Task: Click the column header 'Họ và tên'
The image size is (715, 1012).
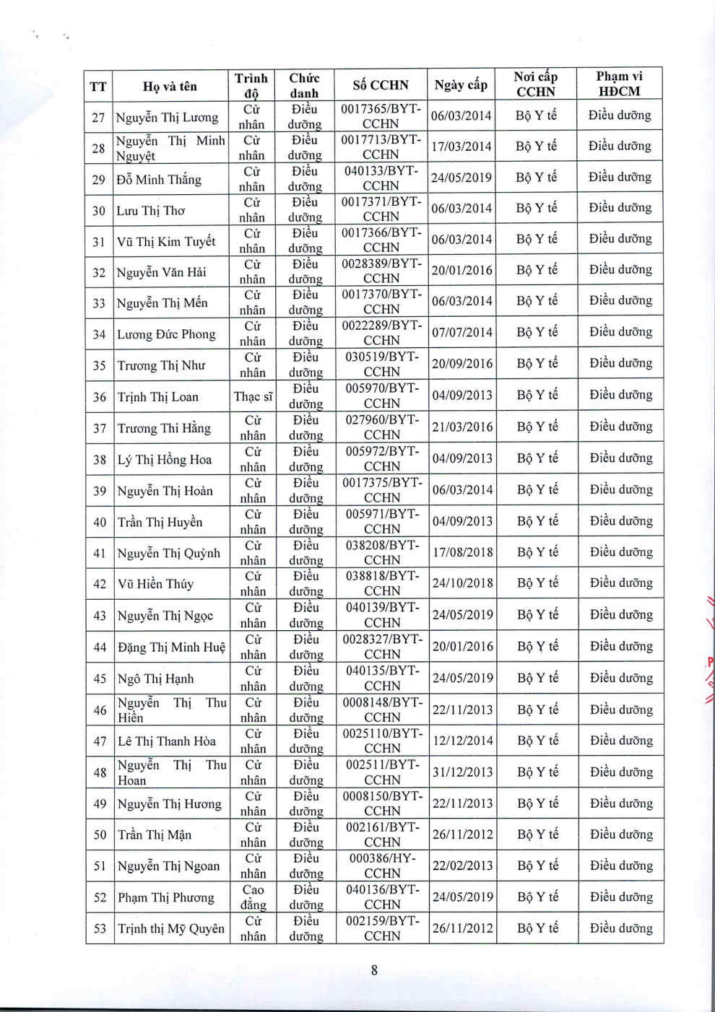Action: point(170,87)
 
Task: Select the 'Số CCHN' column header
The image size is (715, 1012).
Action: point(381,85)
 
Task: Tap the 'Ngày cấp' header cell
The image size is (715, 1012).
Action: point(461,85)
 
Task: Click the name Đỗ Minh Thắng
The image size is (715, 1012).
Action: point(159,180)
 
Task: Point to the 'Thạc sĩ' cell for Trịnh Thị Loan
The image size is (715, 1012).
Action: point(253,396)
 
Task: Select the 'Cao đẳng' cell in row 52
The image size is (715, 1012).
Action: point(253,897)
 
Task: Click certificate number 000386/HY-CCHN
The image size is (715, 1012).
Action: point(381,865)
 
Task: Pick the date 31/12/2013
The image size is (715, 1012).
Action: point(462,772)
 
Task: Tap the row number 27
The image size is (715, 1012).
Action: point(98,117)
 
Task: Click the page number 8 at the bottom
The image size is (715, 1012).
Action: point(374,970)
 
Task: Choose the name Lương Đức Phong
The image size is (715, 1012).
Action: point(166,334)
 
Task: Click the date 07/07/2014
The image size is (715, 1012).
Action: point(461,333)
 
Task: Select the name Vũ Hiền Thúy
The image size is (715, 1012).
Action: point(155,584)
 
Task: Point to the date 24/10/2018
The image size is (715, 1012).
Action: point(462,583)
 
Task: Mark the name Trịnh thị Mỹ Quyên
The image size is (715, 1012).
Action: point(171,928)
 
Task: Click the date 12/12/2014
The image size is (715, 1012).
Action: point(462,741)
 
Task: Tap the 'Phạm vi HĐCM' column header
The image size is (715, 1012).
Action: point(619,84)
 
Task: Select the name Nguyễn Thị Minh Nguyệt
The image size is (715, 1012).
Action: point(170,148)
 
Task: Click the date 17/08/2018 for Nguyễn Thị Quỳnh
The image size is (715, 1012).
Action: point(462,552)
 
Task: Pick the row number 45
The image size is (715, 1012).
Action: point(100,679)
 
